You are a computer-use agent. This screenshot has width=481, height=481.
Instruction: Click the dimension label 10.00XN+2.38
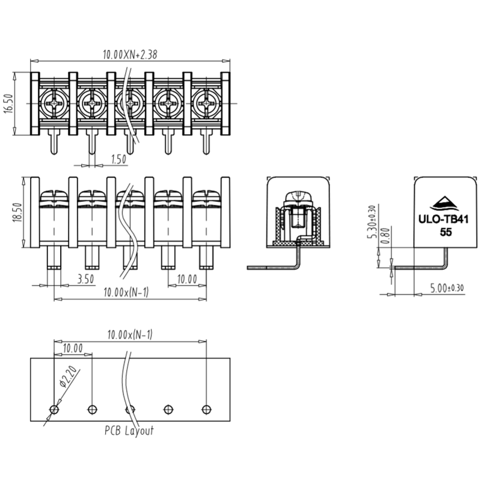(130, 54)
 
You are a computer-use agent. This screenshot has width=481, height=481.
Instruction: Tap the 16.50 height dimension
(8, 103)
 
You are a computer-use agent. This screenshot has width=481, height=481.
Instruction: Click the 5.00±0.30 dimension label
(447, 288)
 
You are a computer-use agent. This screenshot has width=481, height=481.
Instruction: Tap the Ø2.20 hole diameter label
(68, 377)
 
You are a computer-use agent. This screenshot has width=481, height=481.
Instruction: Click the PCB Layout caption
(129, 431)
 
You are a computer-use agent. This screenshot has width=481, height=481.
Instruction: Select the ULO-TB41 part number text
(443, 220)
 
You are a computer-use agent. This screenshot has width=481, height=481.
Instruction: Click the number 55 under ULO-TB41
(446, 232)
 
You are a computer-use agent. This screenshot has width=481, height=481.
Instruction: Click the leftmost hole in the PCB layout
(54, 409)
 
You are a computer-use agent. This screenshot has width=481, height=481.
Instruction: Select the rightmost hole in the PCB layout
(206, 409)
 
